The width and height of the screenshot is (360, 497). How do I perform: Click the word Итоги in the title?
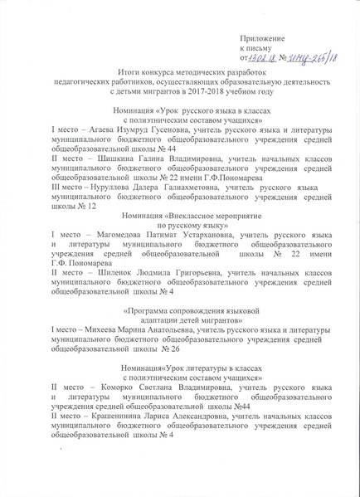tap(132, 73)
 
